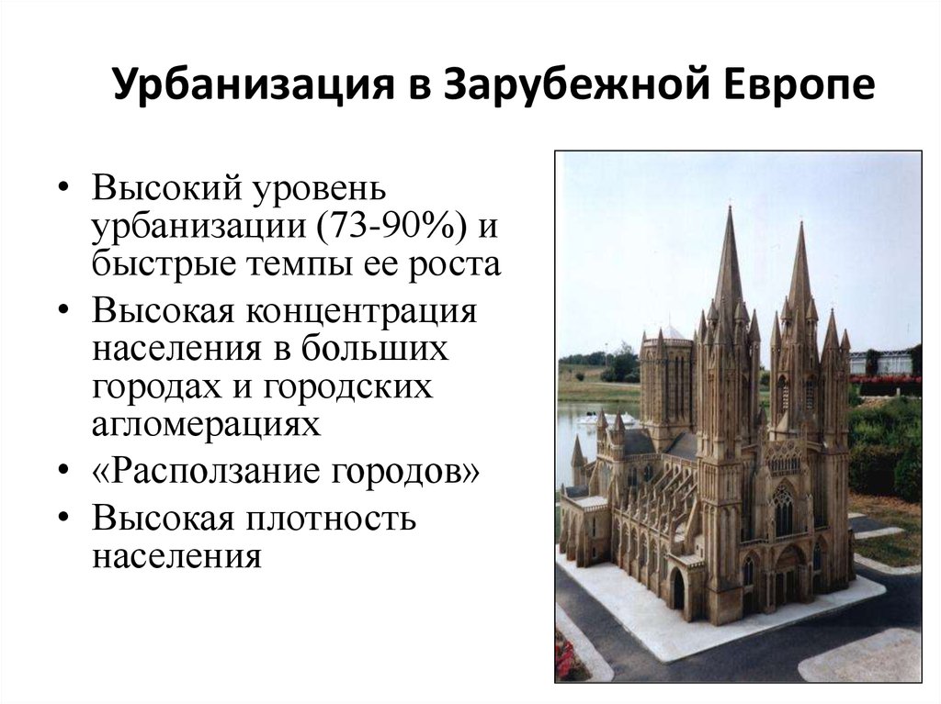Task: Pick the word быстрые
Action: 163,263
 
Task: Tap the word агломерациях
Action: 207,425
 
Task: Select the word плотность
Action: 330,518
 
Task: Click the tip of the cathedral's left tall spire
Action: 730,207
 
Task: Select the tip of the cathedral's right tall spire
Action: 801,222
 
